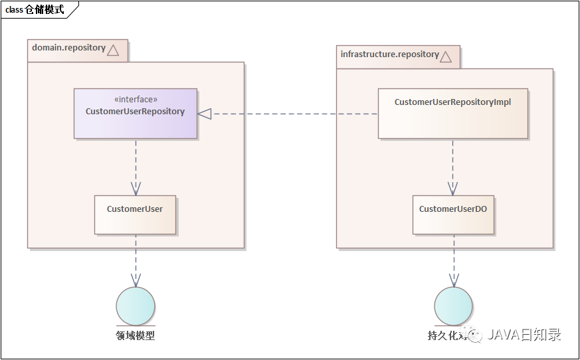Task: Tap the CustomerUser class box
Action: (135, 215)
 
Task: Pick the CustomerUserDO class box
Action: (453, 215)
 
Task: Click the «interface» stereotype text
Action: (136, 100)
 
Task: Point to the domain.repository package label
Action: (68, 48)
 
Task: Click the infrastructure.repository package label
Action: (389, 54)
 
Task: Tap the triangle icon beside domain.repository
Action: (113, 50)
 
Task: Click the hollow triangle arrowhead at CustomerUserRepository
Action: (205, 114)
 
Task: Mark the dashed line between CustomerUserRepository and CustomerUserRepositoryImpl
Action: (292, 114)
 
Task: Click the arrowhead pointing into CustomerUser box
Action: (136, 188)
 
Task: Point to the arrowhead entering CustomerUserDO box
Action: (453, 188)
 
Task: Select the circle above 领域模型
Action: (136, 306)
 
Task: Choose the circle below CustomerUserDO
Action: (453, 306)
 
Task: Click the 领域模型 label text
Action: (136, 335)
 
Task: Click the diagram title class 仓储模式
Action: (35, 10)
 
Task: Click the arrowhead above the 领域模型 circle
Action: (136, 280)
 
